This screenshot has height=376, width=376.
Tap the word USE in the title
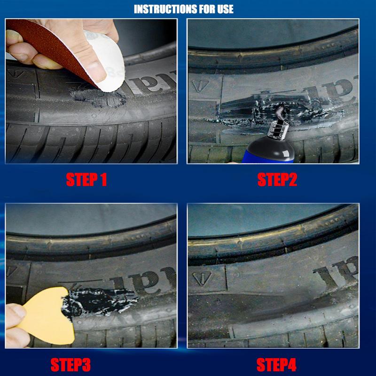coord(222,9)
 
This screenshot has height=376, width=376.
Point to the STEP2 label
coord(277,179)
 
